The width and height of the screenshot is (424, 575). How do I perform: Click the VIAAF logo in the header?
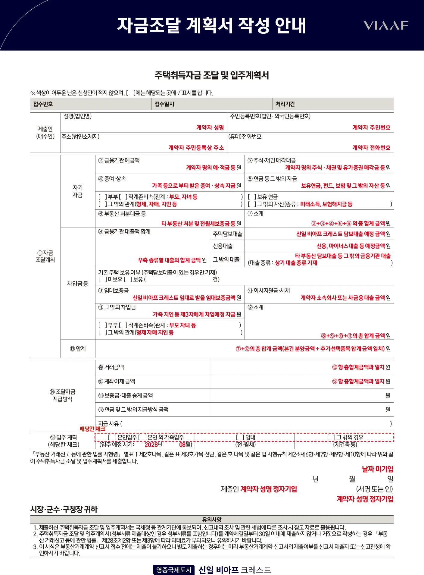pyautogui.click(x=385, y=26)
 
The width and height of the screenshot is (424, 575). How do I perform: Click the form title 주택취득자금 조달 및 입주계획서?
pyautogui.click(x=212, y=75)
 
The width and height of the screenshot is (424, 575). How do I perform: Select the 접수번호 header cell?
pyautogui.click(x=43, y=104)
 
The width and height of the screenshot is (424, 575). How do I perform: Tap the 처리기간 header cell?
pyautogui.click(x=285, y=104)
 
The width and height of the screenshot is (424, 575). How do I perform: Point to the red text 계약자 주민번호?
pyautogui.click(x=371, y=127)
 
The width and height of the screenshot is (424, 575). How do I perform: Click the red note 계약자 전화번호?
pyautogui.click(x=371, y=148)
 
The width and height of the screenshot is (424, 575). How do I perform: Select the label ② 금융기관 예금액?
pyautogui.click(x=119, y=161)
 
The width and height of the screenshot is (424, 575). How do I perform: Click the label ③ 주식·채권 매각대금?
pyautogui.click(x=272, y=161)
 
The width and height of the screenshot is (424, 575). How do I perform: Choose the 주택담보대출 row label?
pyautogui.click(x=227, y=234)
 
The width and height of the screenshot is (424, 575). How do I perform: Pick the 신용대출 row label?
pyautogui.click(x=223, y=246)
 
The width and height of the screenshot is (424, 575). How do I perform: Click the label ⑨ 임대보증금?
pyautogui.click(x=114, y=291)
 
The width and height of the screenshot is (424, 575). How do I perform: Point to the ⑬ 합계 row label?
pyautogui.click(x=78, y=349)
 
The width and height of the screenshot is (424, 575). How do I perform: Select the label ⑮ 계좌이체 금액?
pyautogui.click(x=117, y=382)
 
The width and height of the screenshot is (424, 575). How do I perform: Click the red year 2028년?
pyautogui.click(x=153, y=445)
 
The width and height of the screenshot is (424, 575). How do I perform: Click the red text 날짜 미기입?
pyautogui.click(x=377, y=469)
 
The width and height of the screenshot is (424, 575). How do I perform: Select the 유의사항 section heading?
pyautogui.click(x=212, y=520)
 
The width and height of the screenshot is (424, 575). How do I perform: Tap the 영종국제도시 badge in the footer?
pyautogui.click(x=174, y=570)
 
